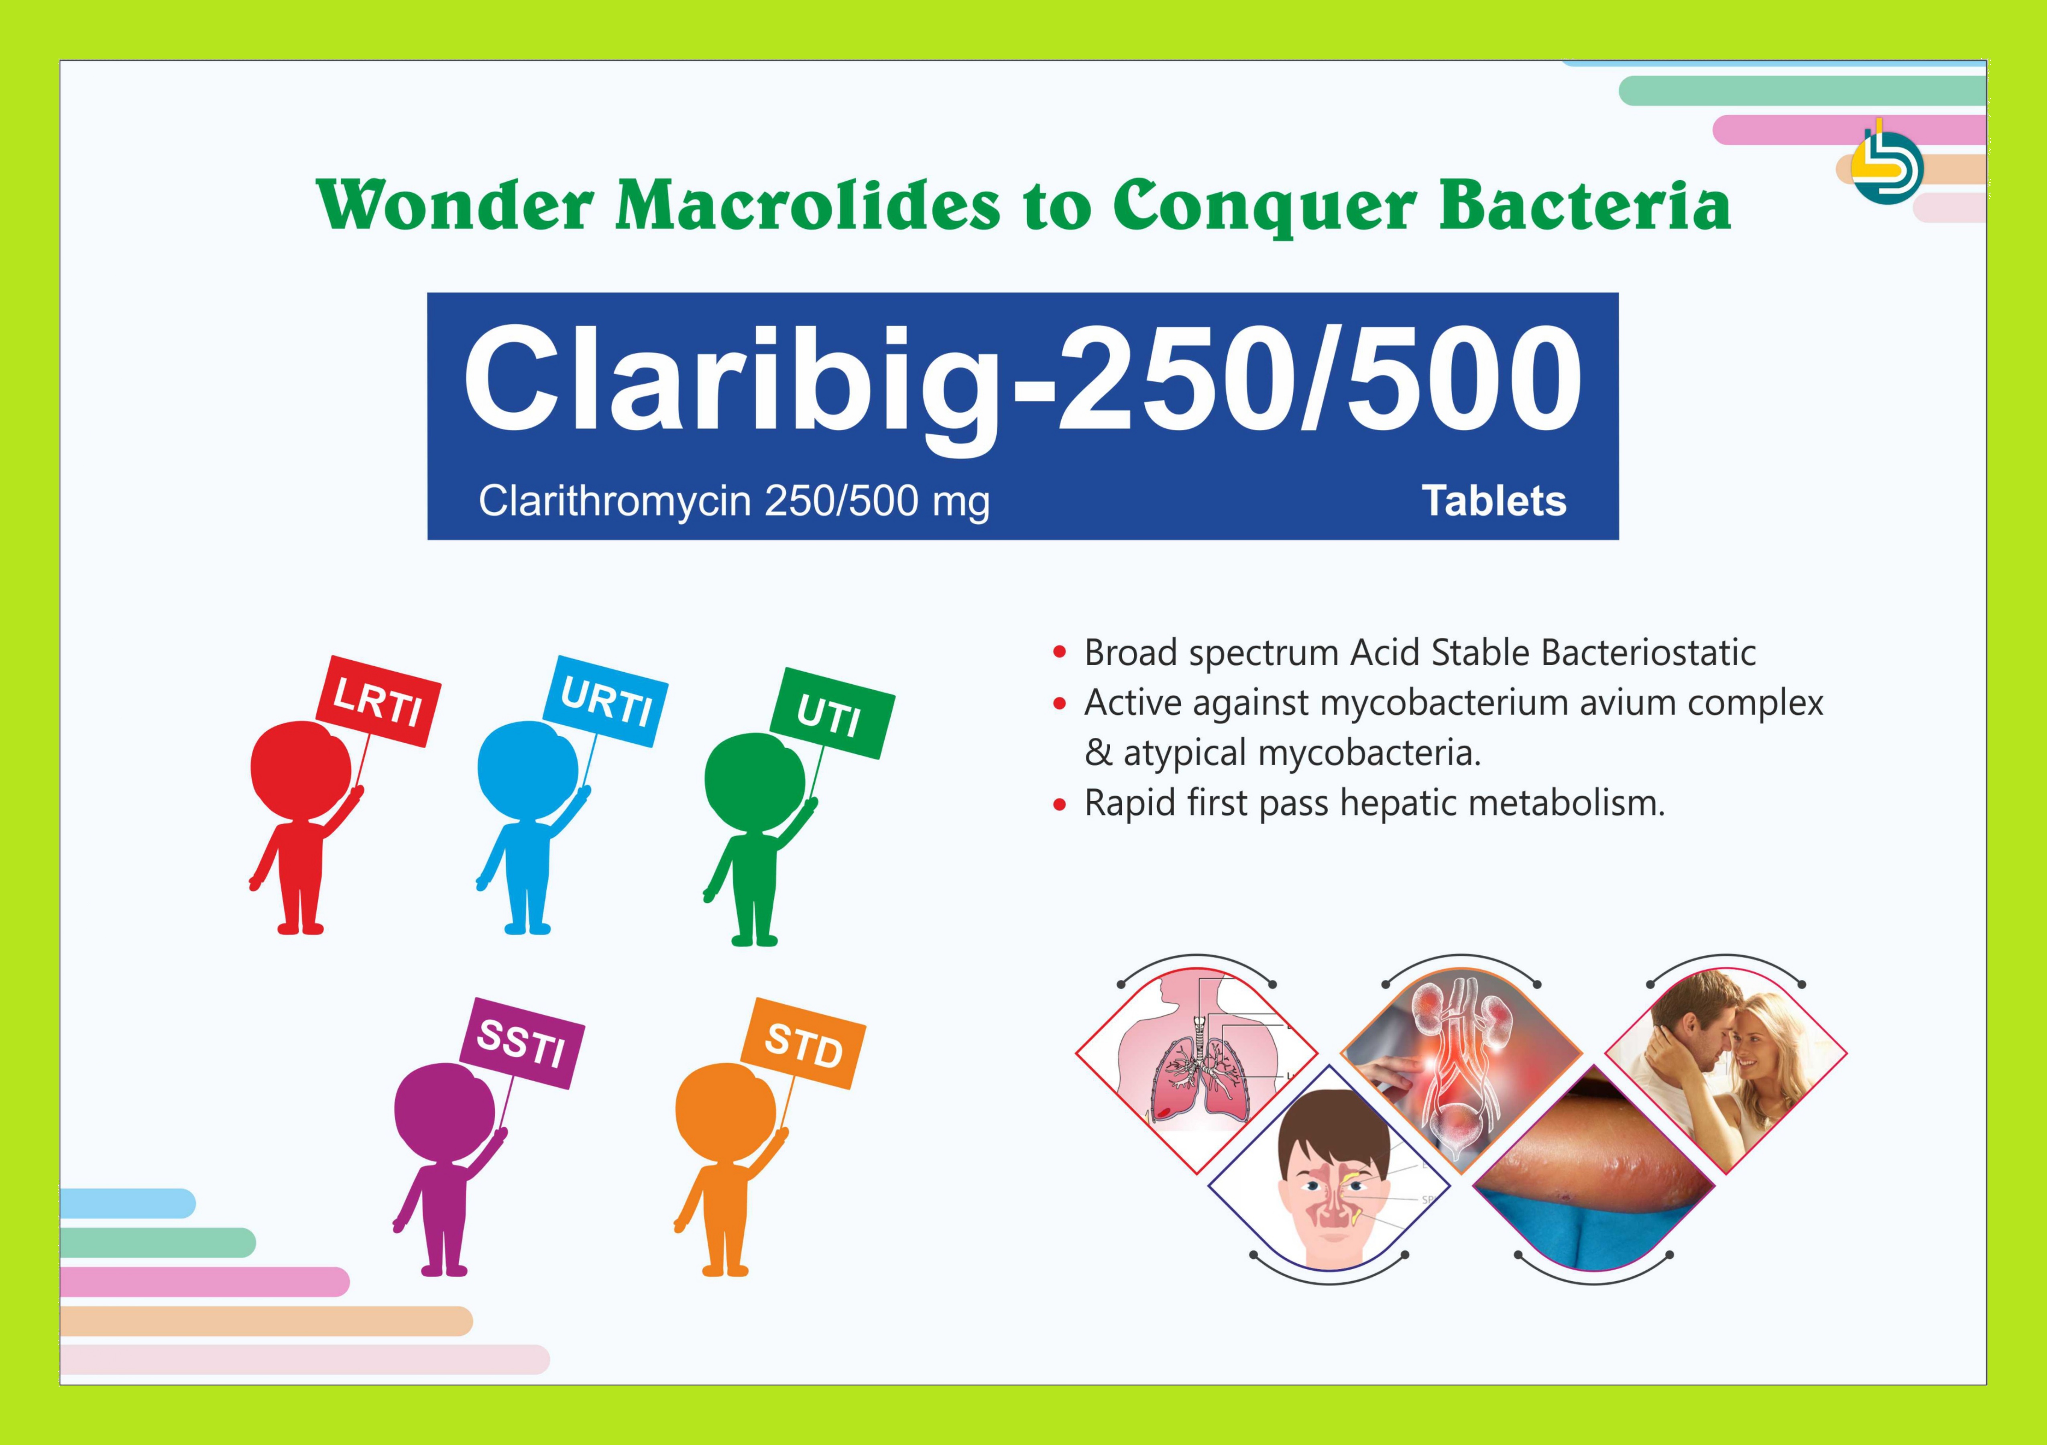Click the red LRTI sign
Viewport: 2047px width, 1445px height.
(x=378, y=702)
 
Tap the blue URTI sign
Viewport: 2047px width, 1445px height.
(x=605, y=702)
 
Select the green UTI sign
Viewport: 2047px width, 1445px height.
(x=832, y=713)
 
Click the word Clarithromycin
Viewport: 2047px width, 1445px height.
(x=614, y=502)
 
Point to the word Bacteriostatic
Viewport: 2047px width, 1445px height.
(x=1648, y=653)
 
